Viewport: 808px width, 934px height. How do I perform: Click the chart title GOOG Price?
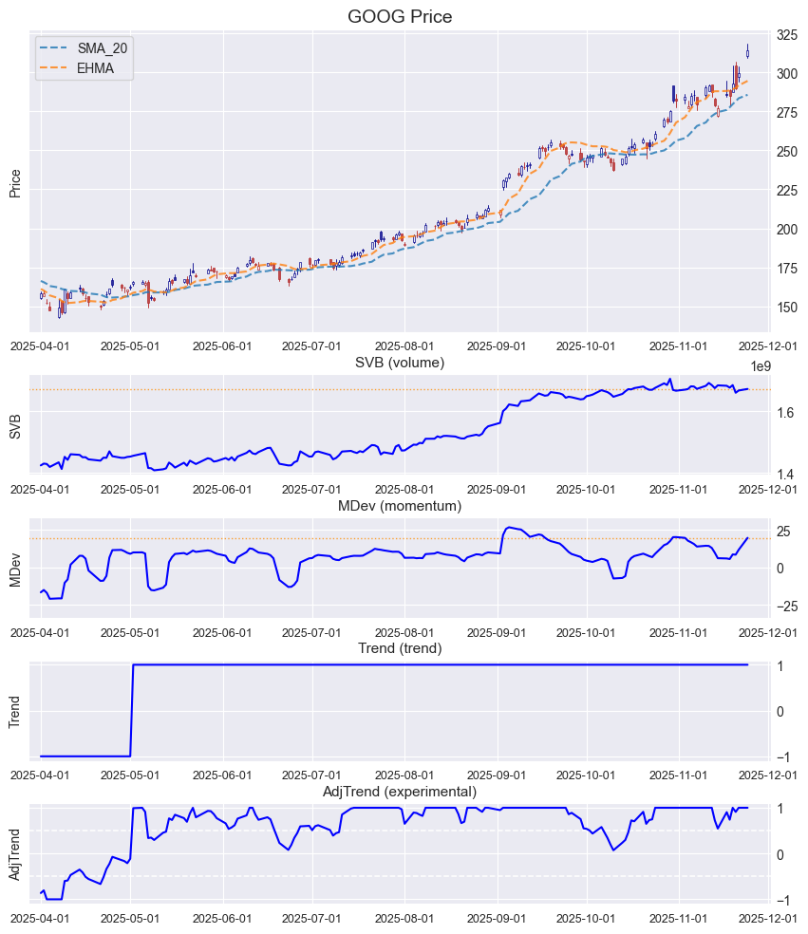click(399, 16)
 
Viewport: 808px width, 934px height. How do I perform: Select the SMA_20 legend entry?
click(102, 47)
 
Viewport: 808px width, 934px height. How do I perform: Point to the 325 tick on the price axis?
click(787, 36)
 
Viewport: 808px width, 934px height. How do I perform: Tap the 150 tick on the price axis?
click(787, 308)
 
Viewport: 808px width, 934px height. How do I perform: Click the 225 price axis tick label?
click(787, 191)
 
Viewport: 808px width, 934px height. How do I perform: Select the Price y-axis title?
click(15, 182)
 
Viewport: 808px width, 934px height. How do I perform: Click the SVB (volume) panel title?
click(399, 363)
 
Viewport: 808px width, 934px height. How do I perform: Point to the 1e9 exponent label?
click(761, 366)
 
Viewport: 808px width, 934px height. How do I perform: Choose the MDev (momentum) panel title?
click(399, 507)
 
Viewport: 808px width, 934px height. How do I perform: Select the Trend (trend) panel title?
click(399, 649)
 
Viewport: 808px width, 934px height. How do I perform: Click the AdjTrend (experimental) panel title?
click(399, 792)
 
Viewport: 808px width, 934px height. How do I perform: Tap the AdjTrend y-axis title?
click(15, 853)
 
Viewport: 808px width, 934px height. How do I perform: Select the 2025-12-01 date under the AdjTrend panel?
click(770, 918)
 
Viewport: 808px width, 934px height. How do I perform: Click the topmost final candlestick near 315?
click(748, 52)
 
